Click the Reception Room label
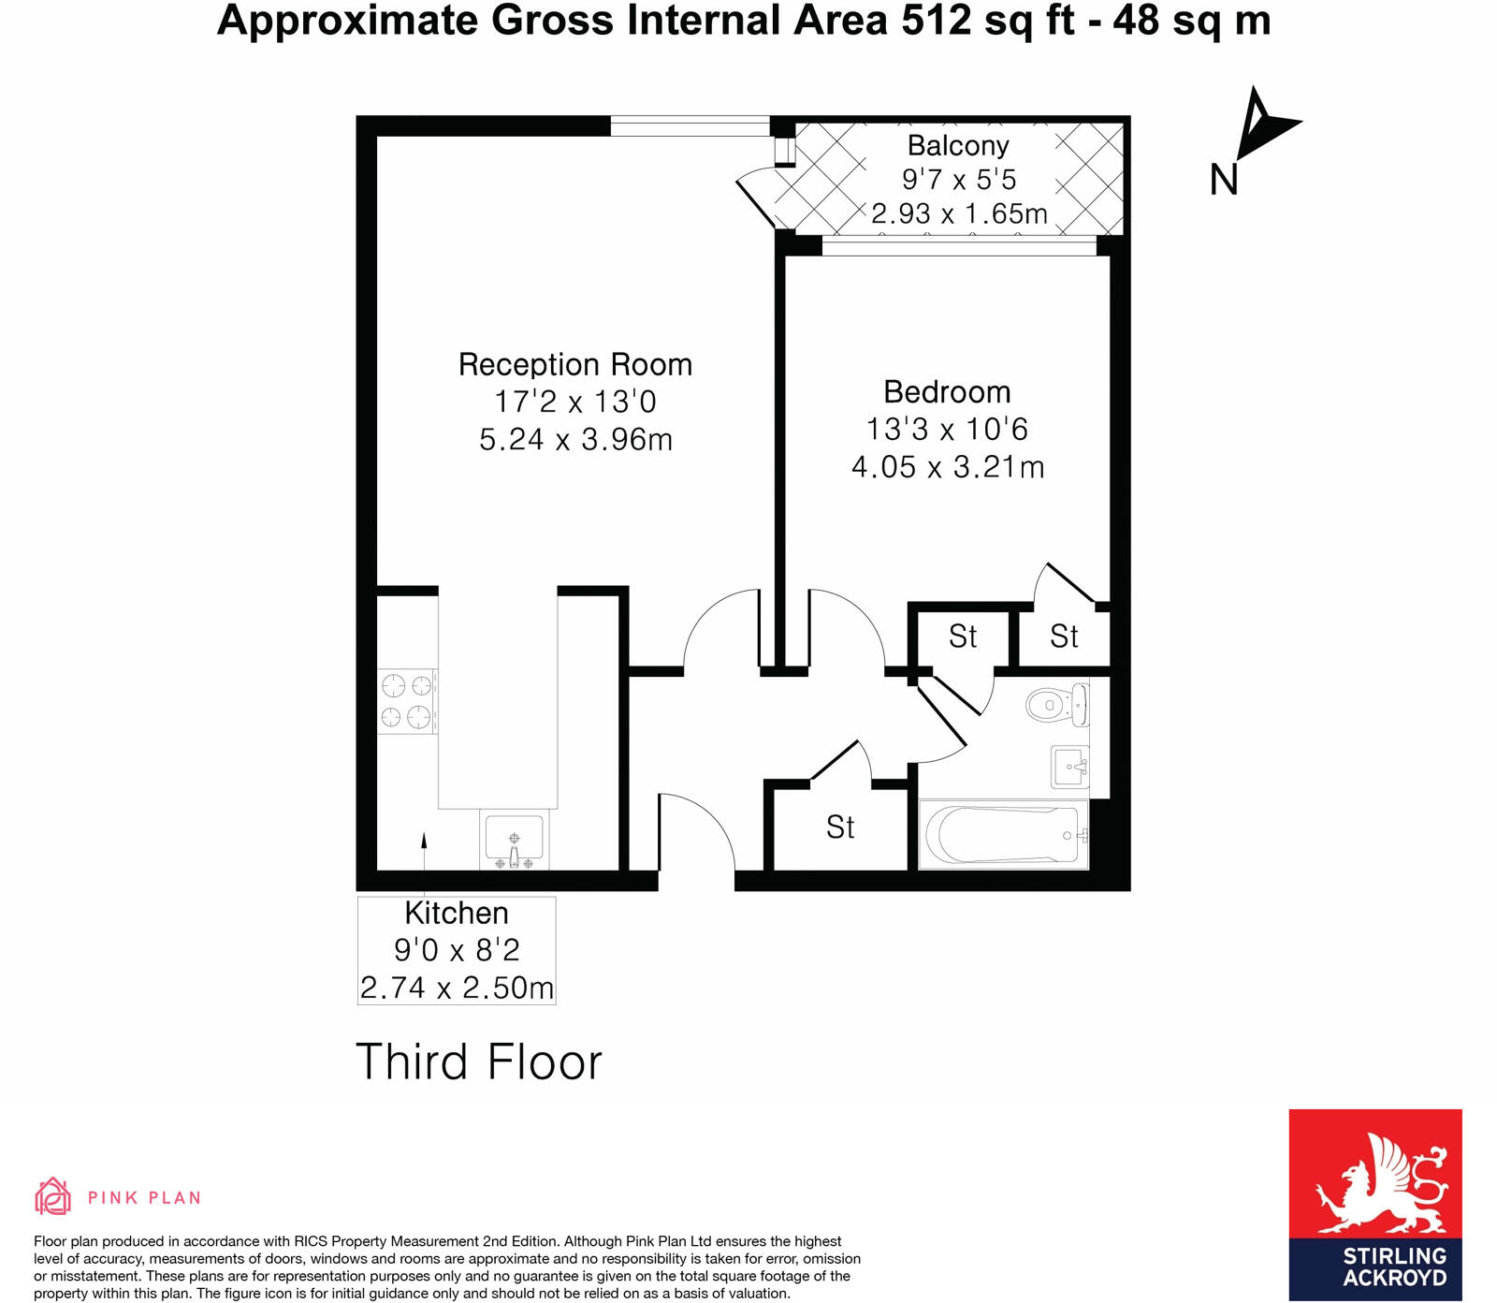[574, 364]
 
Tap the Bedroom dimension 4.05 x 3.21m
[947, 466]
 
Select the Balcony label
[958, 145]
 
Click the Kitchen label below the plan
[457, 913]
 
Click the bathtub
[1003, 834]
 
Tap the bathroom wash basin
[1070, 767]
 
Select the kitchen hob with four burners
[407, 701]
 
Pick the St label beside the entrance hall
[839, 827]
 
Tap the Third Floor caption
[478, 1062]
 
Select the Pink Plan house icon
[52, 1196]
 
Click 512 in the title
[937, 21]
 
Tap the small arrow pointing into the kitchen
[424, 841]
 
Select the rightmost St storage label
[1064, 637]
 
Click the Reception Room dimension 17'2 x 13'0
[574, 402]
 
